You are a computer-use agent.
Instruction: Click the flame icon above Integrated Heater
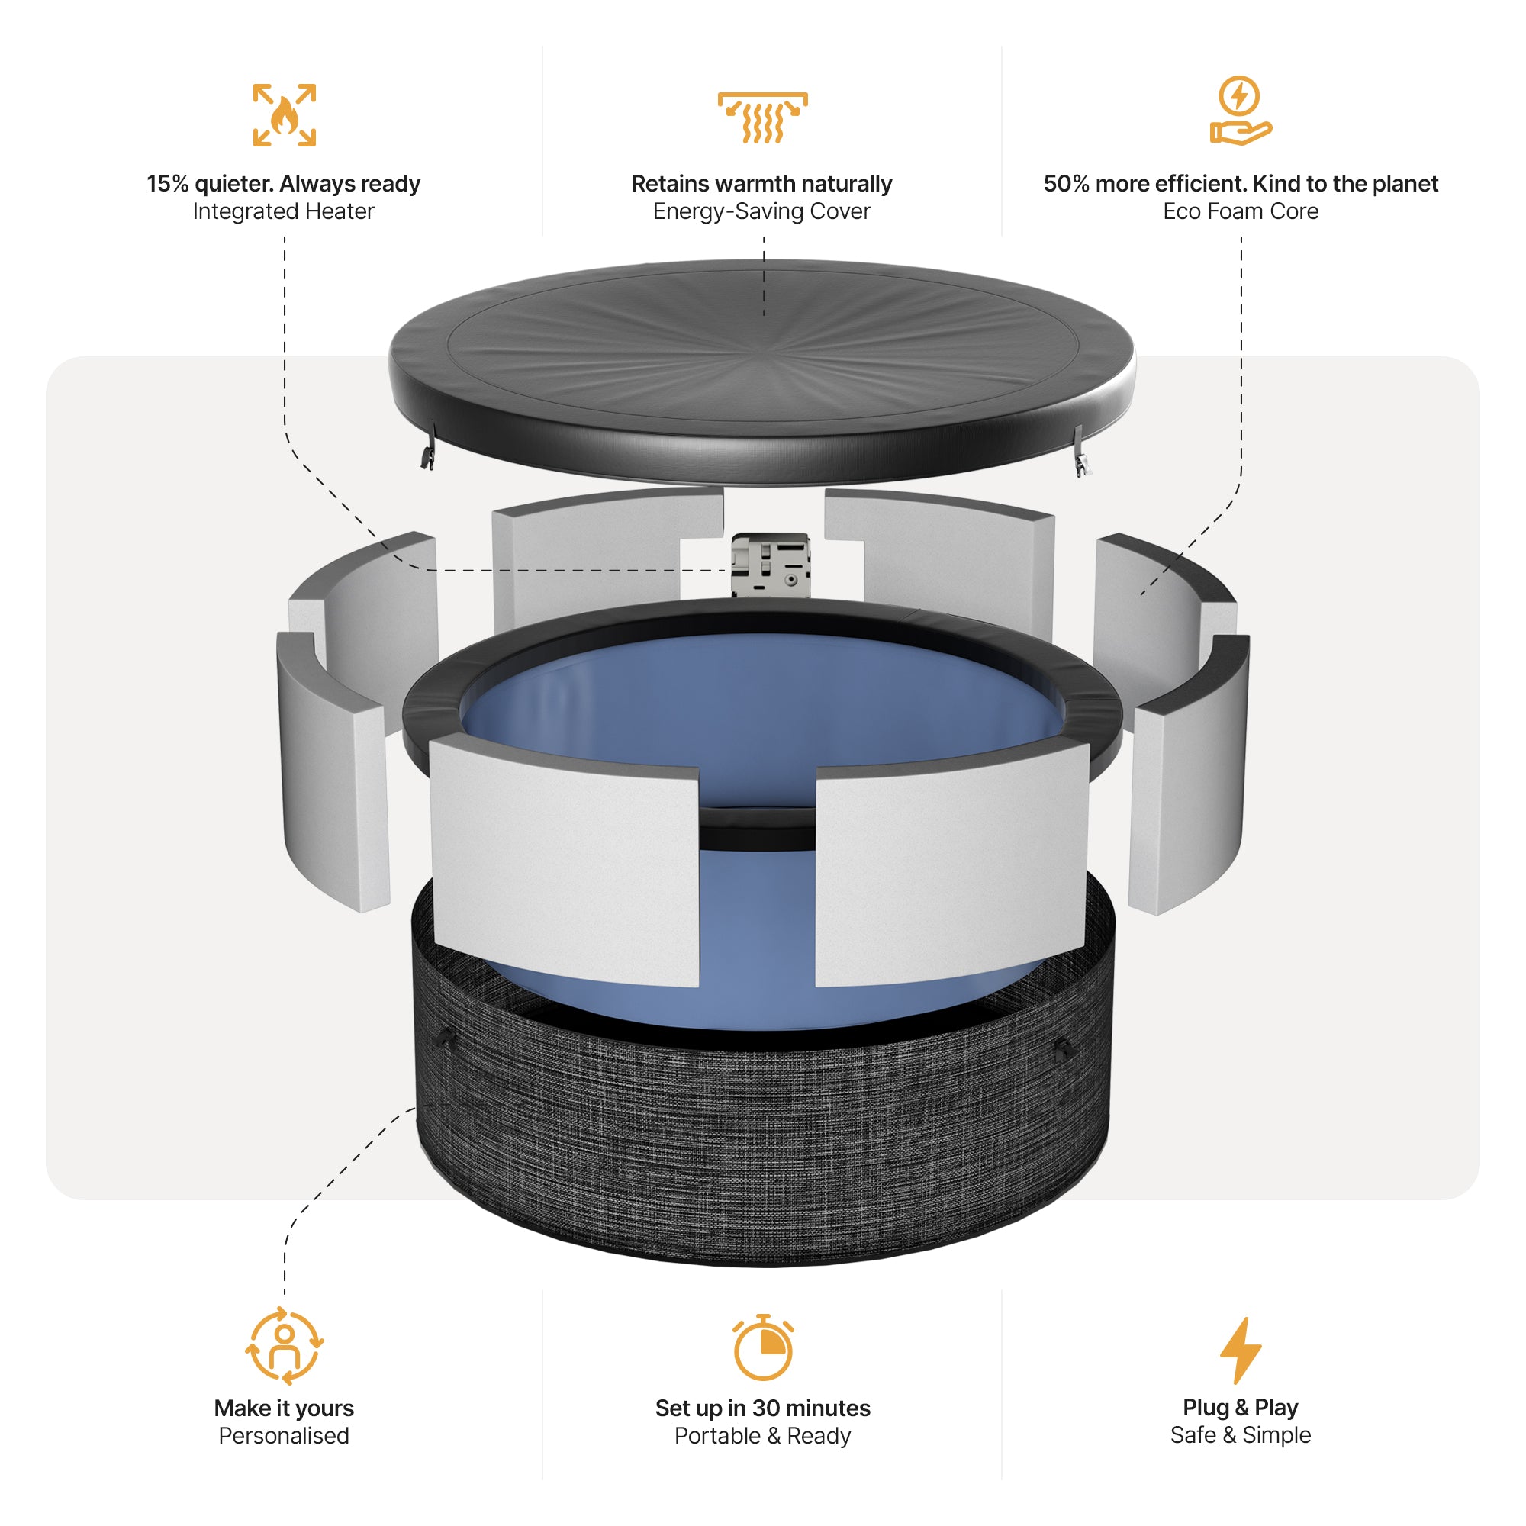tap(285, 115)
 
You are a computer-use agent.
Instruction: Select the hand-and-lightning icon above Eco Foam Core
tap(1240, 111)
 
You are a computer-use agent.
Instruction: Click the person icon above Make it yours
tap(285, 1346)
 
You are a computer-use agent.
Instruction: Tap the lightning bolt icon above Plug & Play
tap(1240, 1350)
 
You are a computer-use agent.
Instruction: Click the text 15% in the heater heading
tap(167, 184)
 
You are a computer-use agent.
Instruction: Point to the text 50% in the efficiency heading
tap(1065, 184)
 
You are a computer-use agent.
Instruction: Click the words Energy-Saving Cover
tap(761, 211)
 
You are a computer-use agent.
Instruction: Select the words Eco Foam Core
tap(1240, 211)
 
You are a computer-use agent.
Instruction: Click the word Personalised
tap(284, 1435)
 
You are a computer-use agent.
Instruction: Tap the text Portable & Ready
tap(762, 1435)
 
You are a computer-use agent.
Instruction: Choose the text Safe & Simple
tap(1240, 1434)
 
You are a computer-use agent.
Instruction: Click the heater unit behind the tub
tap(770, 565)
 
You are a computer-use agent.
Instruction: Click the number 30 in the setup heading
tap(765, 1408)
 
